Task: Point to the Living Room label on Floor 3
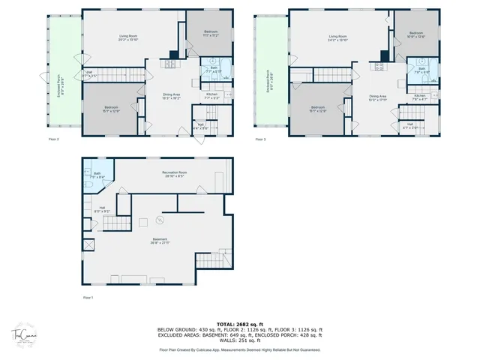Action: (337, 37)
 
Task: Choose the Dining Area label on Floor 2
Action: (172, 96)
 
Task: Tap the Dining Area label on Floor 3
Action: (377, 97)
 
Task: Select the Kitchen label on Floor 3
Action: (419, 97)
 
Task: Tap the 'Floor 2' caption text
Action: (53, 139)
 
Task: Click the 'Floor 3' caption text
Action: (259, 139)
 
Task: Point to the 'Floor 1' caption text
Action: (89, 297)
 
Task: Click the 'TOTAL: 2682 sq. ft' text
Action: (239, 323)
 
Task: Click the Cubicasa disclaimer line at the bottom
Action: (239, 349)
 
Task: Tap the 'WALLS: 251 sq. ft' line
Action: (239, 342)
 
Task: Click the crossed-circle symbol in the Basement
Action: (159, 220)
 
